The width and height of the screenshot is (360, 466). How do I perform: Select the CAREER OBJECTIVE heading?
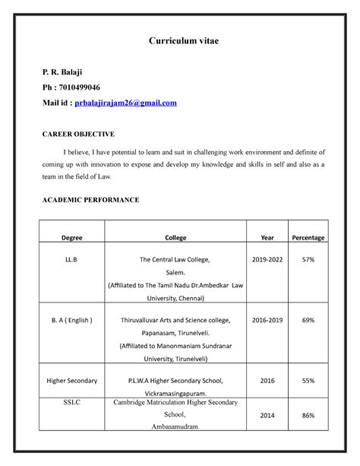tap(77, 134)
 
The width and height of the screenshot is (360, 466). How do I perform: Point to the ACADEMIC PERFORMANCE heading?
tap(90, 199)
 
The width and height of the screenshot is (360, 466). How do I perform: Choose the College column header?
tap(175, 238)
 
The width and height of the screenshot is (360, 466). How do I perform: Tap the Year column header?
tap(267, 238)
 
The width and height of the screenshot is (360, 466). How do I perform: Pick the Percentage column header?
tap(308, 238)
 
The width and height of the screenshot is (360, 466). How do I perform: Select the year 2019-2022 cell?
tap(267, 259)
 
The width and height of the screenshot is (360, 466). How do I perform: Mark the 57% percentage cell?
tap(308, 259)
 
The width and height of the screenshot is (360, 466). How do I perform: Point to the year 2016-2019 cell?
tap(267, 320)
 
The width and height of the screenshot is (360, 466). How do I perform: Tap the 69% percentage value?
tap(308, 320)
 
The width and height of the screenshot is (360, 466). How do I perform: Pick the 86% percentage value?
tap(308, 417)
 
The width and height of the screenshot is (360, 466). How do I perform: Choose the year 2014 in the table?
tap(267, 417)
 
